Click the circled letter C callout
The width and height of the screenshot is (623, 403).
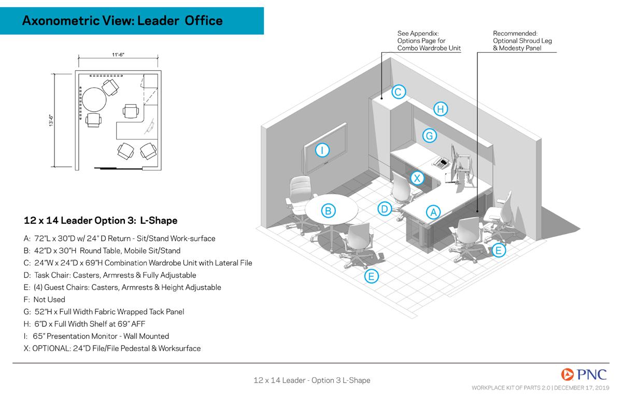point(398,92)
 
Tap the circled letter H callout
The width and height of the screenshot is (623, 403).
point(440,109)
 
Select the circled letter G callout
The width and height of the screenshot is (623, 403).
point(429,136)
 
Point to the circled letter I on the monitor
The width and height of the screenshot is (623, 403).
point(322,150)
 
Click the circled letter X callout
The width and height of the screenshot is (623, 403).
point(417,178)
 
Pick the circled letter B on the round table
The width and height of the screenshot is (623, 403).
point(328,210)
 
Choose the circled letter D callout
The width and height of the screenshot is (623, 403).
point(384,209)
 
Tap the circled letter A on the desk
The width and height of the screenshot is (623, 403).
point(433,211)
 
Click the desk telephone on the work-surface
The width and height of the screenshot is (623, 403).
point(441,162)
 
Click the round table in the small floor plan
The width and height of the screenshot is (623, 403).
point(94,99)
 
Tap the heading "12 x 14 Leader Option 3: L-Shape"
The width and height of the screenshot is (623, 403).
point(101,221)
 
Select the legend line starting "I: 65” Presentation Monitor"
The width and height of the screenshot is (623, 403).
point(96,336)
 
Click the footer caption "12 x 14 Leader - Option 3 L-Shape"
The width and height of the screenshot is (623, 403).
point(311,380)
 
